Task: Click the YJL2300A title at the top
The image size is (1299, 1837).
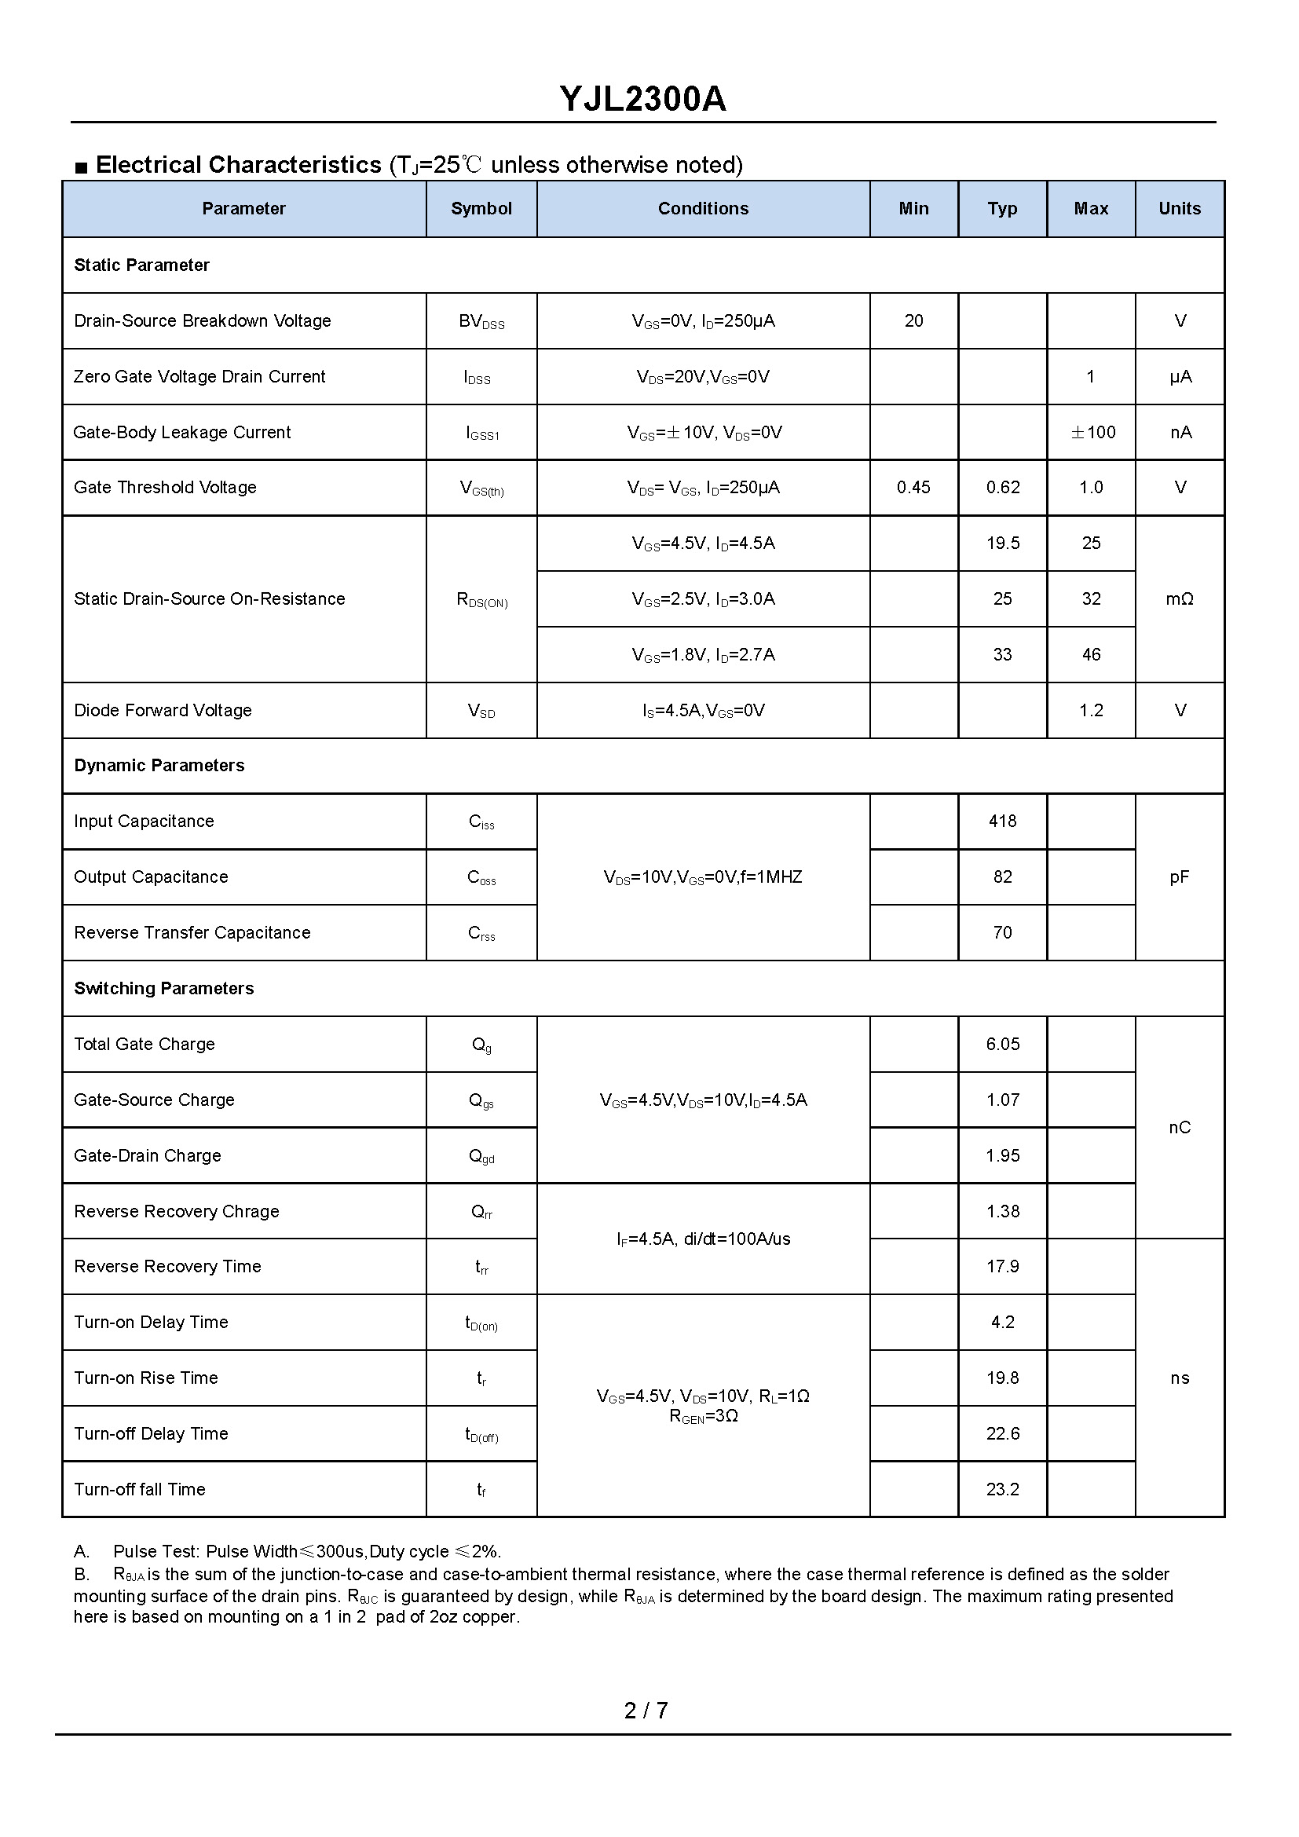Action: pyautogui.click(x=642, y=99)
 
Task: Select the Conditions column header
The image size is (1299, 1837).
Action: pyautogui.click(x=703, y=209)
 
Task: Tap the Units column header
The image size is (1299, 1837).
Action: pyautogui.click(x=1179, y=209)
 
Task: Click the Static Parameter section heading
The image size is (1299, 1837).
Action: pyautogui.click(x=141, y=265)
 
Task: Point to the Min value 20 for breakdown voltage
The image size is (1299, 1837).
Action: pyautogui.click(x=913, y=321)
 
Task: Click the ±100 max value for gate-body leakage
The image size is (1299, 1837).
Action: pyautogui.click(x=1092, y=432)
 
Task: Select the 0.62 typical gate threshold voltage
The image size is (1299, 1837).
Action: pyautogui.click(x=1002, y=487)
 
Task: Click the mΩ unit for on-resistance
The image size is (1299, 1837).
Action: pyautogui.click(x=1179, y=599)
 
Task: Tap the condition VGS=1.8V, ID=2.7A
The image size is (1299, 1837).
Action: pyautogui.click(x=703, y=655)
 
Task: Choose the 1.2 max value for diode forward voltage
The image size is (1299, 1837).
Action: pyautogui.click(x=1091, y=711)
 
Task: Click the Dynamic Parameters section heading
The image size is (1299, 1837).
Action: pyautogui.click(x=159, y=766)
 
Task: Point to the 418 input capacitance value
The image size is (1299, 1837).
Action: pyautogui.click(x=1002, y=821)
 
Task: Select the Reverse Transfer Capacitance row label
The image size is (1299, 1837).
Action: pyautogui.click(x=192, y=933)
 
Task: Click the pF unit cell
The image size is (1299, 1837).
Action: pyautogui.click(x=1179, y=877)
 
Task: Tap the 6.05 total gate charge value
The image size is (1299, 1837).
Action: pyautogui.click(x=1002, y=1044)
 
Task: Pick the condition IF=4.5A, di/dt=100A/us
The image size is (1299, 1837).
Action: pyautogui.click(x=703, y=1239)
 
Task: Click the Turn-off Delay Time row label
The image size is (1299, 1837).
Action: pyautogui.click(x=151, y=1434)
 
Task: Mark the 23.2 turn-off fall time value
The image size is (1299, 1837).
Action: pyautogui.click(x=1002, y=1490)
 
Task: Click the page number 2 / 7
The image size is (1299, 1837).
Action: pyautogui.click(x=646, y=1711)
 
